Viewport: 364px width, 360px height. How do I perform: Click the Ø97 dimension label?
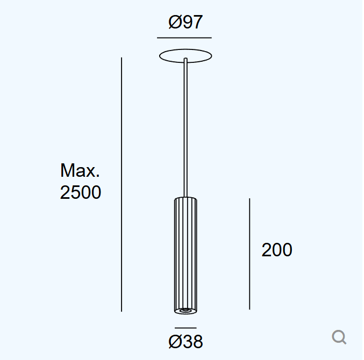(x=185, y=22)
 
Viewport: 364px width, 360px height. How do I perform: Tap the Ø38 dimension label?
(x=185, y=341)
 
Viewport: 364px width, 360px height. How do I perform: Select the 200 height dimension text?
(x=277, y=250)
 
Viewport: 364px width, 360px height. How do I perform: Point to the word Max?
(x=80, y=170)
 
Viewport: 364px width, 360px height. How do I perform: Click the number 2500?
(x=80, y=192)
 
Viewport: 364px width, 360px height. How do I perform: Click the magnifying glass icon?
(x=339, y=337)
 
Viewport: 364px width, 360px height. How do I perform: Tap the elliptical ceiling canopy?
(x=185, y=49)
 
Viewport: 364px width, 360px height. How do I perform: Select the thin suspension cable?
(x=185, y=127)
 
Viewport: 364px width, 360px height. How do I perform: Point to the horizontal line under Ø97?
(x=184, y=38)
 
